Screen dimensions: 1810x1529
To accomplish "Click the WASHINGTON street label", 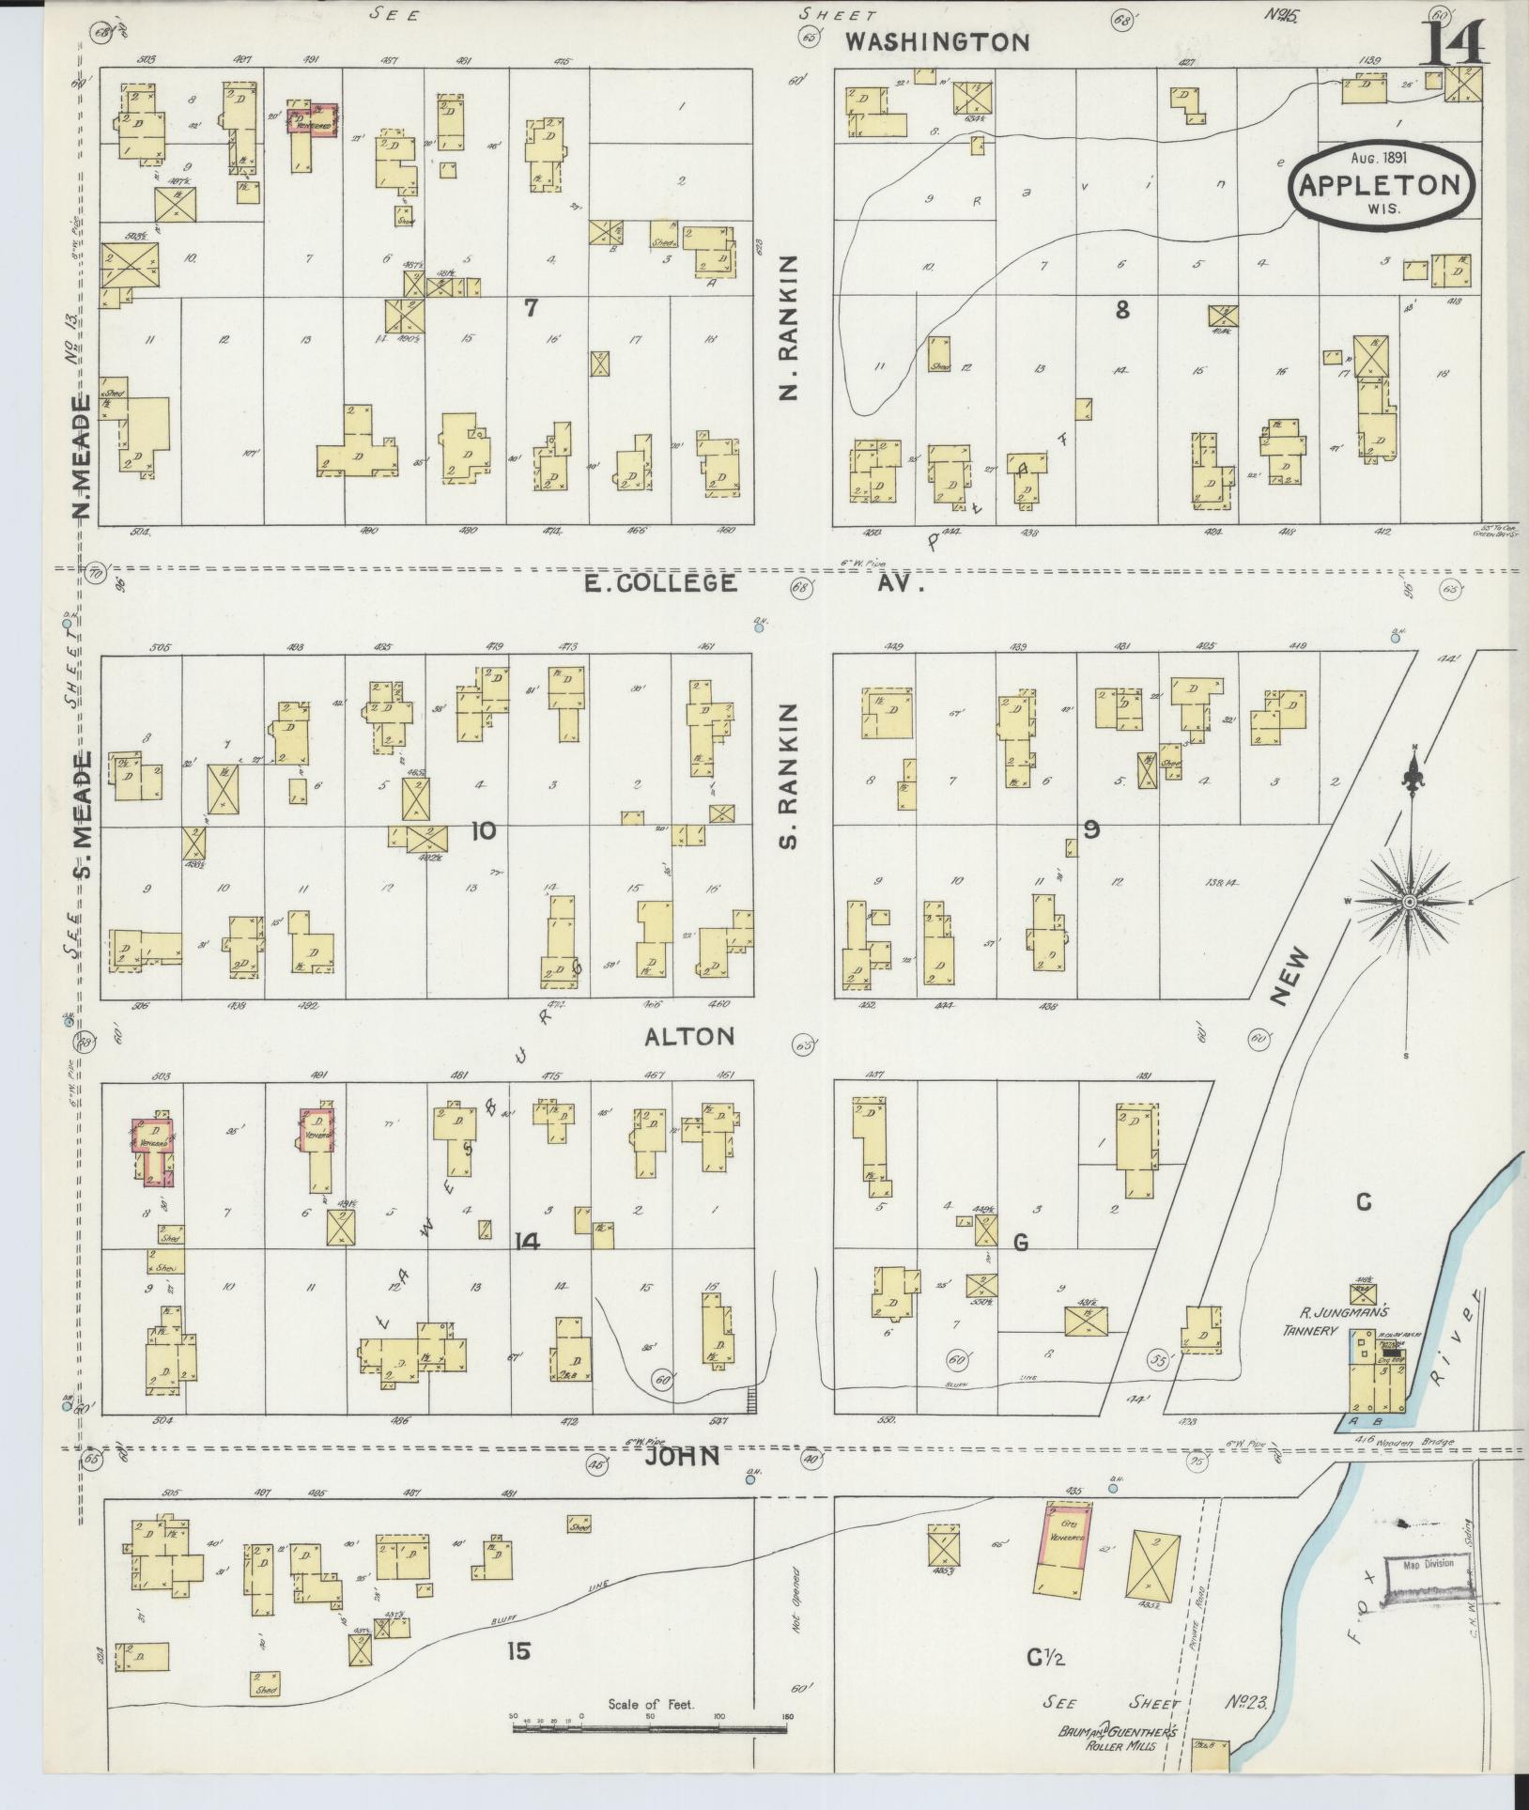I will pos(936,41).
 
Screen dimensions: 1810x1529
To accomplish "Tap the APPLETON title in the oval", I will pos(1379,184).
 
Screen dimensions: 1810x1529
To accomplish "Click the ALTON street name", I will pos(688,1036).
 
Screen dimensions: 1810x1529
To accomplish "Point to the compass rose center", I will pos(1409,901).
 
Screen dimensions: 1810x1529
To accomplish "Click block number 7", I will pos(531,307).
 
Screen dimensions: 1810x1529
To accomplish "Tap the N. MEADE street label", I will pos(83,457).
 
